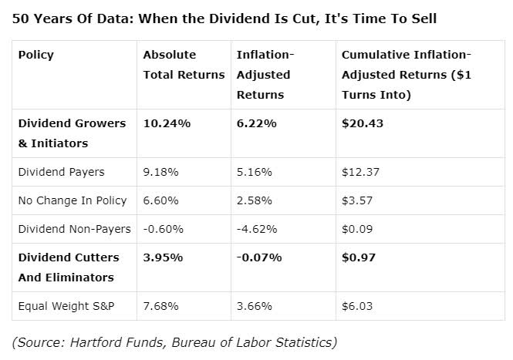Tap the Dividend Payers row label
point(61,172)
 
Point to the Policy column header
point(35,55)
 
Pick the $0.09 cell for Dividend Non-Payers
point(358,228)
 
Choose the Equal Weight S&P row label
point(67,306)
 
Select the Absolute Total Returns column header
point(184,65)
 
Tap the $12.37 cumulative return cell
point(360,172)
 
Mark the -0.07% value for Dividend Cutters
point(259,257)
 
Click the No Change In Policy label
point(73,200)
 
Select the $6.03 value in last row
point(357,306)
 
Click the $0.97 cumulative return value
point(359,257)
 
